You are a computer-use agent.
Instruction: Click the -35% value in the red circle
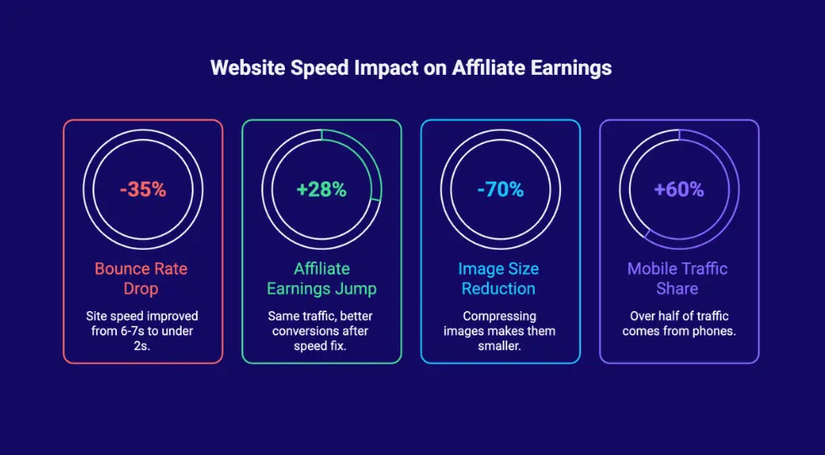(143, 189)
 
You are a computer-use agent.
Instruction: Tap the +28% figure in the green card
(321, 189)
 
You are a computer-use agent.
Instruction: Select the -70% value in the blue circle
(500, 189)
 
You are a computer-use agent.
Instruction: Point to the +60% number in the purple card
(679, 189)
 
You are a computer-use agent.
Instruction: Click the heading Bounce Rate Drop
(141, 278)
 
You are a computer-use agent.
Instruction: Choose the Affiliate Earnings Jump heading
(321, 278)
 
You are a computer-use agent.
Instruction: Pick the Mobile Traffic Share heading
(678, 278)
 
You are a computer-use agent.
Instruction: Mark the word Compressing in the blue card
(500, 316)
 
